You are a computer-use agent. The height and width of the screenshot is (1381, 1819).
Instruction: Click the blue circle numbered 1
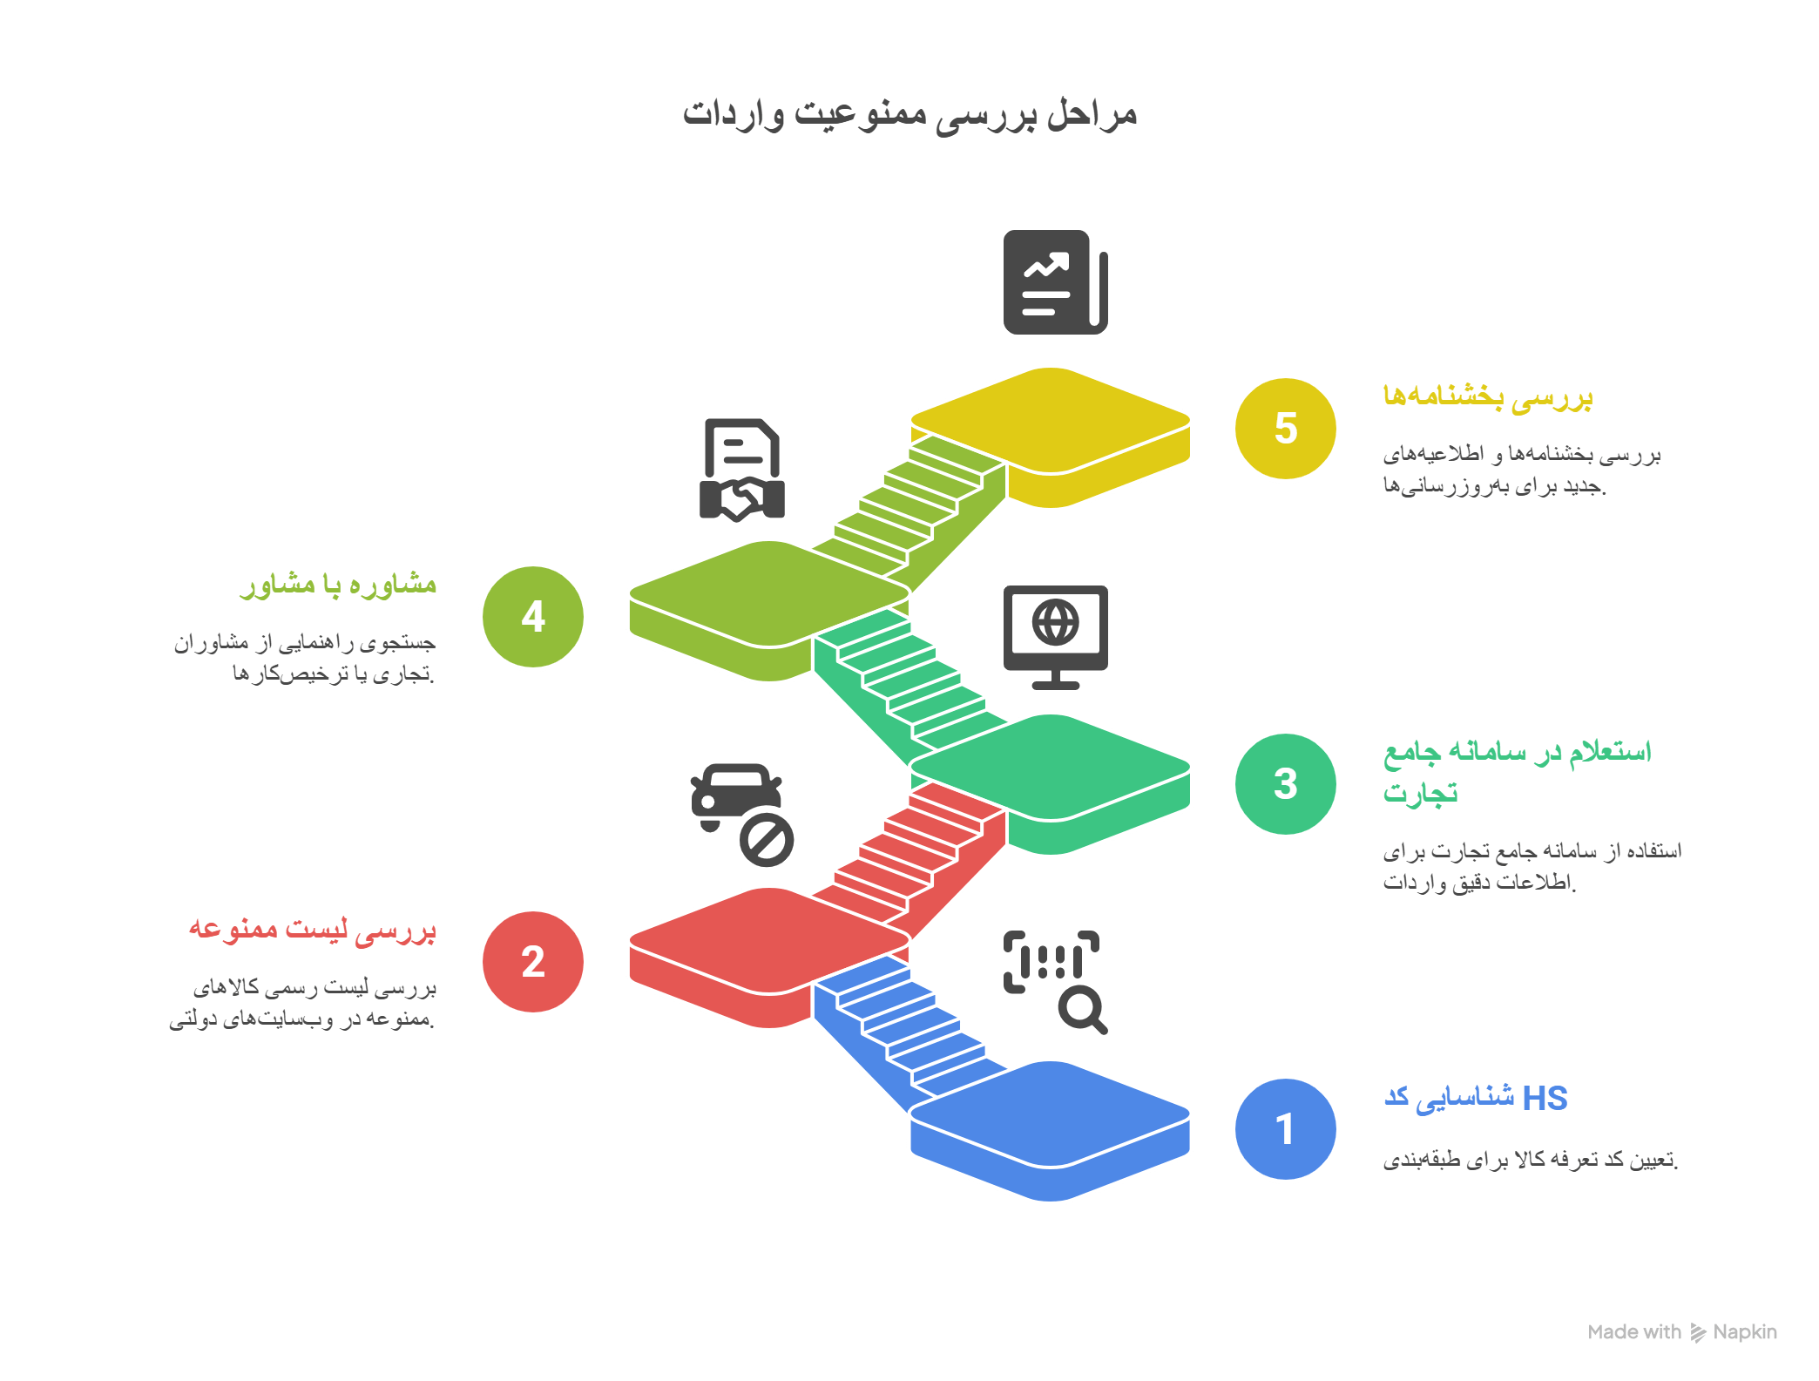[x=1285, y=1128]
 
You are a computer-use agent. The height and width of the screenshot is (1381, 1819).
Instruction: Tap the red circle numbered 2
[x=532, y=961]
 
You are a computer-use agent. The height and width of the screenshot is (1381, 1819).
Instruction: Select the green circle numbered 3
[x=1285, y=783]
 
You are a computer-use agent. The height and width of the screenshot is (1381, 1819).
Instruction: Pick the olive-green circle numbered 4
[x=532, y=616]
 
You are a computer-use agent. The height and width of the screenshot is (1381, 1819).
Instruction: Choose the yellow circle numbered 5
[x=1285, y=428]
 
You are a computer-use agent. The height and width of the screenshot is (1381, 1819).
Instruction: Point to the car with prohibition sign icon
[x=741, y=814]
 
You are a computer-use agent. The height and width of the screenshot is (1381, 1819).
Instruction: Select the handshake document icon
[x=741, y=470]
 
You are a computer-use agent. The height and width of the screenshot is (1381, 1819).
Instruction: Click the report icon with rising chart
[x=1055, y=281]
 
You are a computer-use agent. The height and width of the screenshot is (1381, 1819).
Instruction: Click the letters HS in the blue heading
[x=1545, y=1098]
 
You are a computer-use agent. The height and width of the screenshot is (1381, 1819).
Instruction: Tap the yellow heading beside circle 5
[x=1488, y=396]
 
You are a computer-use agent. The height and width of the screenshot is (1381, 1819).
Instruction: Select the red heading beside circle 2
[x=313, y=929]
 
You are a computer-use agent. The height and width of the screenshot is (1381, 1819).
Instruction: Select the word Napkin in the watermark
[x=1744, y=1331]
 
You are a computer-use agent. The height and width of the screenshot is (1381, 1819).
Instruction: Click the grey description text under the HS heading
[x=1530, y=1160]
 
